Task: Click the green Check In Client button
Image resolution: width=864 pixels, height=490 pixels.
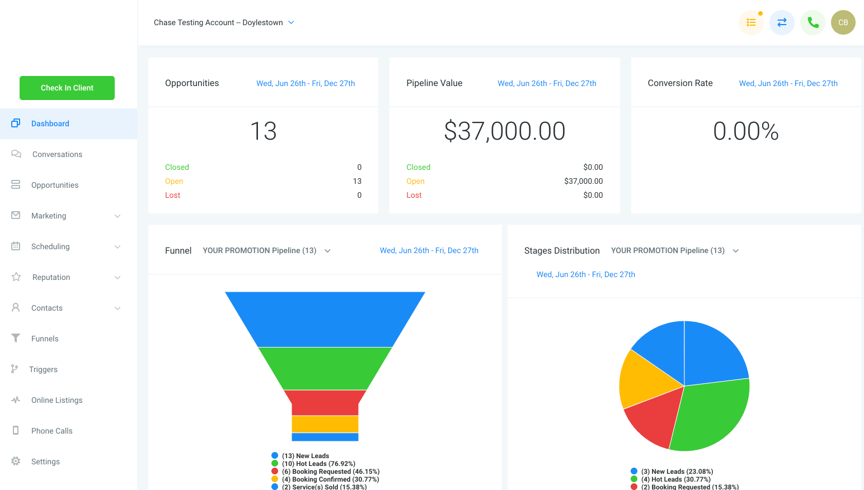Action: pos(67,88)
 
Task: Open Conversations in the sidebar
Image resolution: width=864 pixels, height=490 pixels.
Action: pos(57,154)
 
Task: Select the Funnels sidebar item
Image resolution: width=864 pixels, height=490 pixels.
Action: pos(45,339)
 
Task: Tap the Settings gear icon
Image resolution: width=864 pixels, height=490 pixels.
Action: pos(16,461)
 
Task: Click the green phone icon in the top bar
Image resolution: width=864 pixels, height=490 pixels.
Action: pos(813,22)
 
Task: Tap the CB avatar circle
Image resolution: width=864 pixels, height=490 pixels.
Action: pos(843,22)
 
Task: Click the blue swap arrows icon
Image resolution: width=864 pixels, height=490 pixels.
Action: pos(782,22)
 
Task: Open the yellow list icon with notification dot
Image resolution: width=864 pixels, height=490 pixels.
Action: pos(751,22)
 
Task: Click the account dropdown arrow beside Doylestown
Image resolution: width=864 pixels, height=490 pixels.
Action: pos(291,22)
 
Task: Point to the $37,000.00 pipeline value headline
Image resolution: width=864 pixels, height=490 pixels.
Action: pos(505,131)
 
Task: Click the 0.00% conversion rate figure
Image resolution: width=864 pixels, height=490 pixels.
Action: pos(745,131)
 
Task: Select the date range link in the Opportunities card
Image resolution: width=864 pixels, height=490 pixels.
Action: pos(306,83)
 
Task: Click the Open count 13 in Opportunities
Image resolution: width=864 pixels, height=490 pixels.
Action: pos(357,181)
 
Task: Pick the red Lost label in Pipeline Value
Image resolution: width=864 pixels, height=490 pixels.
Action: pos(414,195)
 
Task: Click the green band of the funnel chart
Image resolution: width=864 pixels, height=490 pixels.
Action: pos(325,368)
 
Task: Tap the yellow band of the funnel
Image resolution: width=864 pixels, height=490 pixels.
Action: pos(325,424)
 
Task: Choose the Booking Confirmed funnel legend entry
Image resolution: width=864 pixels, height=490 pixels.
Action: pos(325,479)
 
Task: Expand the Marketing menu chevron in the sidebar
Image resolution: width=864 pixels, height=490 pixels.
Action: pos(118,216)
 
